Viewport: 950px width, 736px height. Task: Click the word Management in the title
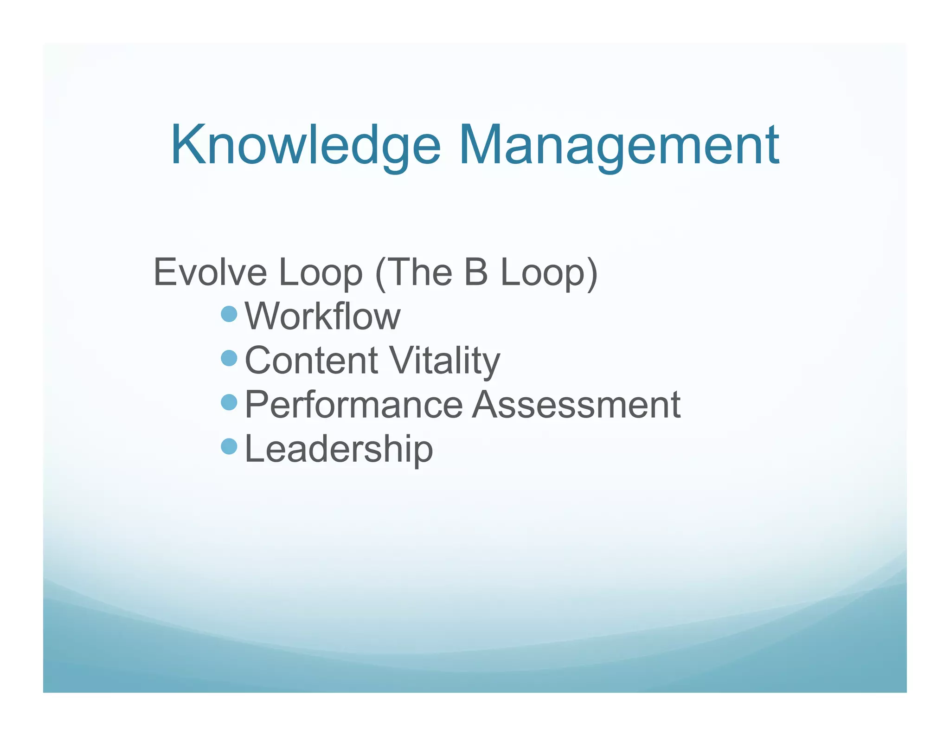619,146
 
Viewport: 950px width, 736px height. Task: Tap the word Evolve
210,272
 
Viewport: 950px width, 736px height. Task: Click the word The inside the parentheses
419,272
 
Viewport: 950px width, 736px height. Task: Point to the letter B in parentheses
475,272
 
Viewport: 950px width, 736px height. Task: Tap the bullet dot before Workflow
229,314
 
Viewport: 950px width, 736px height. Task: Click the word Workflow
322,316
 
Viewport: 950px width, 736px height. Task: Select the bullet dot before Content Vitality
229,358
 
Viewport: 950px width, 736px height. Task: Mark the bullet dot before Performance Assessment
229,402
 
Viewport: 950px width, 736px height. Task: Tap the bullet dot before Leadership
229,446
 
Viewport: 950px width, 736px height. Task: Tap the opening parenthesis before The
380,274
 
